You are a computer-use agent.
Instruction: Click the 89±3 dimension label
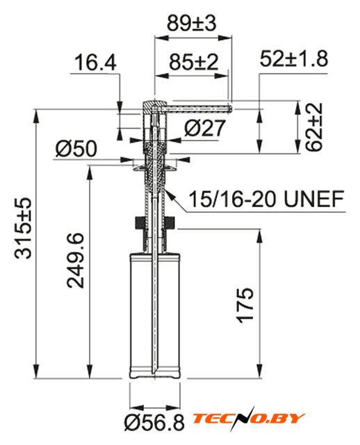click(192, 23)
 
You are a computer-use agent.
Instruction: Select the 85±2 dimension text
click(194, 62)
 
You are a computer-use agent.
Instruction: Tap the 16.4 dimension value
click(95, 63)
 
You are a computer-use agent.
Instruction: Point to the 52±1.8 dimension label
click(294, 58)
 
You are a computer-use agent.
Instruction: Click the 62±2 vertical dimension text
click(313, 127)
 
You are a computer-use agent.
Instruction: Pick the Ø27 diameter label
click(205, 128)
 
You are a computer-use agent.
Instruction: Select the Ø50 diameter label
click(76, 148)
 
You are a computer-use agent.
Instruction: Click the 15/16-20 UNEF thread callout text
click(266, 199)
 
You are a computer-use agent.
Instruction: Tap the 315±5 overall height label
click(23, 228)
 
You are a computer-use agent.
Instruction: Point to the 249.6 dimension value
click(75, 261)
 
